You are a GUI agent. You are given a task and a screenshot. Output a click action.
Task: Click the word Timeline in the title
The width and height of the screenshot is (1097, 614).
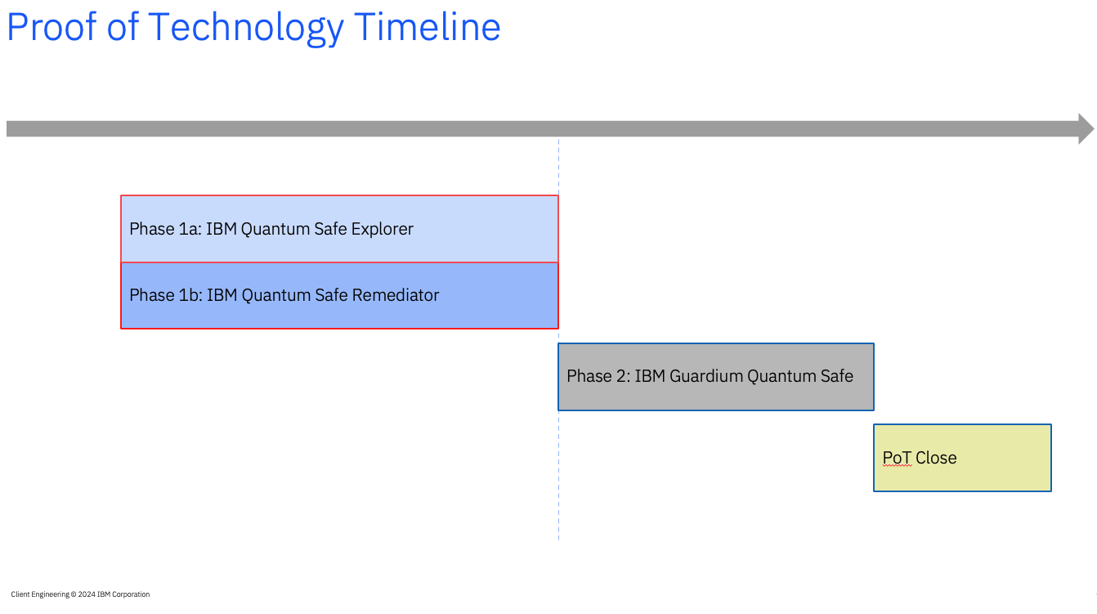click(x=427, y=26)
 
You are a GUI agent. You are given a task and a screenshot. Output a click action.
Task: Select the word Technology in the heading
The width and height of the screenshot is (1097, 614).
click(x=246, y=29)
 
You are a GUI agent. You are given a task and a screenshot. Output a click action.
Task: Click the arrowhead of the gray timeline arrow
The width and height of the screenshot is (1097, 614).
click(x=1086, y=129)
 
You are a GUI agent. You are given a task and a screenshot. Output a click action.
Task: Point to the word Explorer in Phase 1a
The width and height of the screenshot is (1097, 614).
click(x=382, y=229)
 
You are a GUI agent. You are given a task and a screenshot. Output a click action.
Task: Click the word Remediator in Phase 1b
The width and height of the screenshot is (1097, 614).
click(x=395, y=295)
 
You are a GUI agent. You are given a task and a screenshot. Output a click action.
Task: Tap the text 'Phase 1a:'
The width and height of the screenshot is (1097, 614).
click(x=165, y=229)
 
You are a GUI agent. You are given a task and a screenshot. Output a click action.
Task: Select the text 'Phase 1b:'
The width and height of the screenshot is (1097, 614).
click(x=166, y=295)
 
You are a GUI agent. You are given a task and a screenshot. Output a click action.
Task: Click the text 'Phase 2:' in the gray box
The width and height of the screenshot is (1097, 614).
click(x=598, y=376)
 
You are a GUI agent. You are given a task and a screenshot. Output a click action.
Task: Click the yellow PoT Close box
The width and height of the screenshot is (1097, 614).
click(x=962, y=458)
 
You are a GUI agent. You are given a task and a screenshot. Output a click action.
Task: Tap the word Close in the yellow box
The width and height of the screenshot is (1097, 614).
click(x=936, y=458)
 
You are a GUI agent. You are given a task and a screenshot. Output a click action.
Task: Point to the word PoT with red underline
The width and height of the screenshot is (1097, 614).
click(x=897, y=458)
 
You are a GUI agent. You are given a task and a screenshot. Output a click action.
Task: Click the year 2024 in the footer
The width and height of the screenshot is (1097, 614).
click(x=87, y=594)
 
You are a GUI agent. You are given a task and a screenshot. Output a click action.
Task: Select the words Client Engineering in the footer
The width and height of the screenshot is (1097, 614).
click(x=40, y=594)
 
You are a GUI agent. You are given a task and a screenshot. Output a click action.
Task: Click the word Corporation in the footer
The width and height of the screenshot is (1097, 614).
click(x=131, y=594)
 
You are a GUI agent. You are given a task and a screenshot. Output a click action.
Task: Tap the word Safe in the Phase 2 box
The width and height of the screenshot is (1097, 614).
click(x=836, y=376)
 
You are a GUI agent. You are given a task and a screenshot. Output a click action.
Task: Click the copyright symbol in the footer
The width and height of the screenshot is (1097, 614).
click(x=74, y=594)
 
